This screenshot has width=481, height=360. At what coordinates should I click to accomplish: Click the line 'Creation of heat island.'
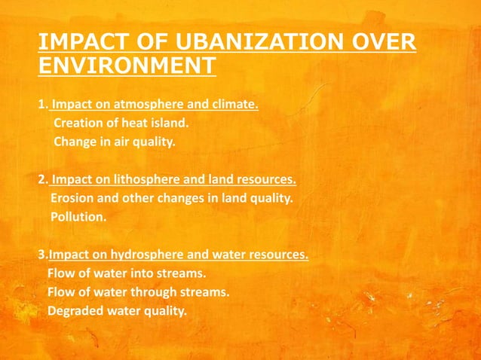121,123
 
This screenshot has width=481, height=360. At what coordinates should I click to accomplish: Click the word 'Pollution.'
78,217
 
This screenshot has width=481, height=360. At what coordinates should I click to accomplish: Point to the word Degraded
74,310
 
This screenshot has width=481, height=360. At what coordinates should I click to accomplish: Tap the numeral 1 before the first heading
41,105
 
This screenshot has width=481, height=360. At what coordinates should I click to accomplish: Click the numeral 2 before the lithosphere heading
41,181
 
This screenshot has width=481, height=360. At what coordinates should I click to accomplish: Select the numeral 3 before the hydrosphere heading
41,255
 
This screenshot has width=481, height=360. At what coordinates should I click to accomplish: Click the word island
170,123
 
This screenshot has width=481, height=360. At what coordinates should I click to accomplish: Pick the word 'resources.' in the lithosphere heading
266,181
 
